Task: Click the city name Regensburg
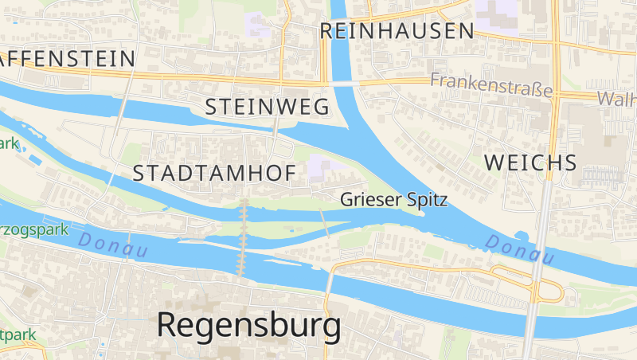coord(248,325)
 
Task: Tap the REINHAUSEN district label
coord(397,31)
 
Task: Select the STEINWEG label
coord(268,108)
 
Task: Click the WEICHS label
coord(530,162)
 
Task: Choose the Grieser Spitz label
coord(393,200)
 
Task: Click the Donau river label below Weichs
coord(519,249)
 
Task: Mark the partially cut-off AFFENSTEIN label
coord(68,58)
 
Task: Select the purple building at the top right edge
coord(498,11)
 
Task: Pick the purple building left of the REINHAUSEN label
coord(258,24)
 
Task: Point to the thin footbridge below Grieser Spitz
coord(325,223)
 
